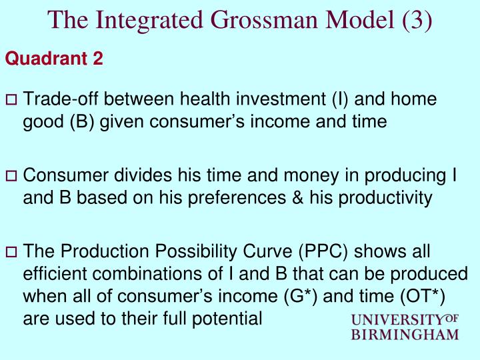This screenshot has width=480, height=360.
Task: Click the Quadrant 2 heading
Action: click(54, 59)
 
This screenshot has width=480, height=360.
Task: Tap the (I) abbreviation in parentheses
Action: click(339, 99)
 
